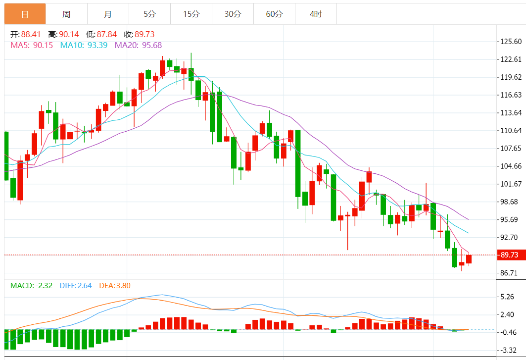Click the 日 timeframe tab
(25, 14)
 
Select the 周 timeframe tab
(66, 14)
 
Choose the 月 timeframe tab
(108, 14)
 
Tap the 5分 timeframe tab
(149, 14)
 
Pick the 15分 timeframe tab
(191, 14)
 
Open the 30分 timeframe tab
(233, 14)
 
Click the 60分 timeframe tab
(274, 14)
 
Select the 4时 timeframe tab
(316, 14)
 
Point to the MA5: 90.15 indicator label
(32, 46)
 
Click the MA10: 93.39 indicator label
(84, 46)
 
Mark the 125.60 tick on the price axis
(511, 42)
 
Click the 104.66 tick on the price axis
(511, 166)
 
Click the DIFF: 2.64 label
(75, 286)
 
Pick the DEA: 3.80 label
(115, 286)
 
